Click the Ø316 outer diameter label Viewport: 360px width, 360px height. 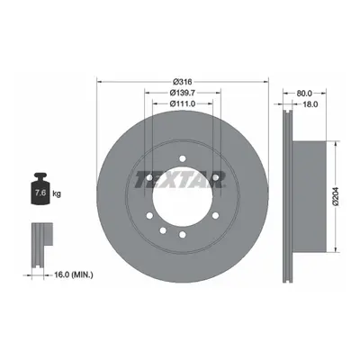[183, 82]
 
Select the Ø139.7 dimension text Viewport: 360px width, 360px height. [183, 93]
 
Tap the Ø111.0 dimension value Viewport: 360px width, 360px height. [183, 103]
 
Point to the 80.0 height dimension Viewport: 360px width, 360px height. [304, 94]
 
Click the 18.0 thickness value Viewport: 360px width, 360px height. [310, 104]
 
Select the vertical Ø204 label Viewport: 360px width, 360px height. [336, 196]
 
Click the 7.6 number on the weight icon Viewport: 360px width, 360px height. [40, 193]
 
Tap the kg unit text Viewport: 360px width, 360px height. [57, 193]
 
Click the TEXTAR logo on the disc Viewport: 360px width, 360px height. [180, 179]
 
